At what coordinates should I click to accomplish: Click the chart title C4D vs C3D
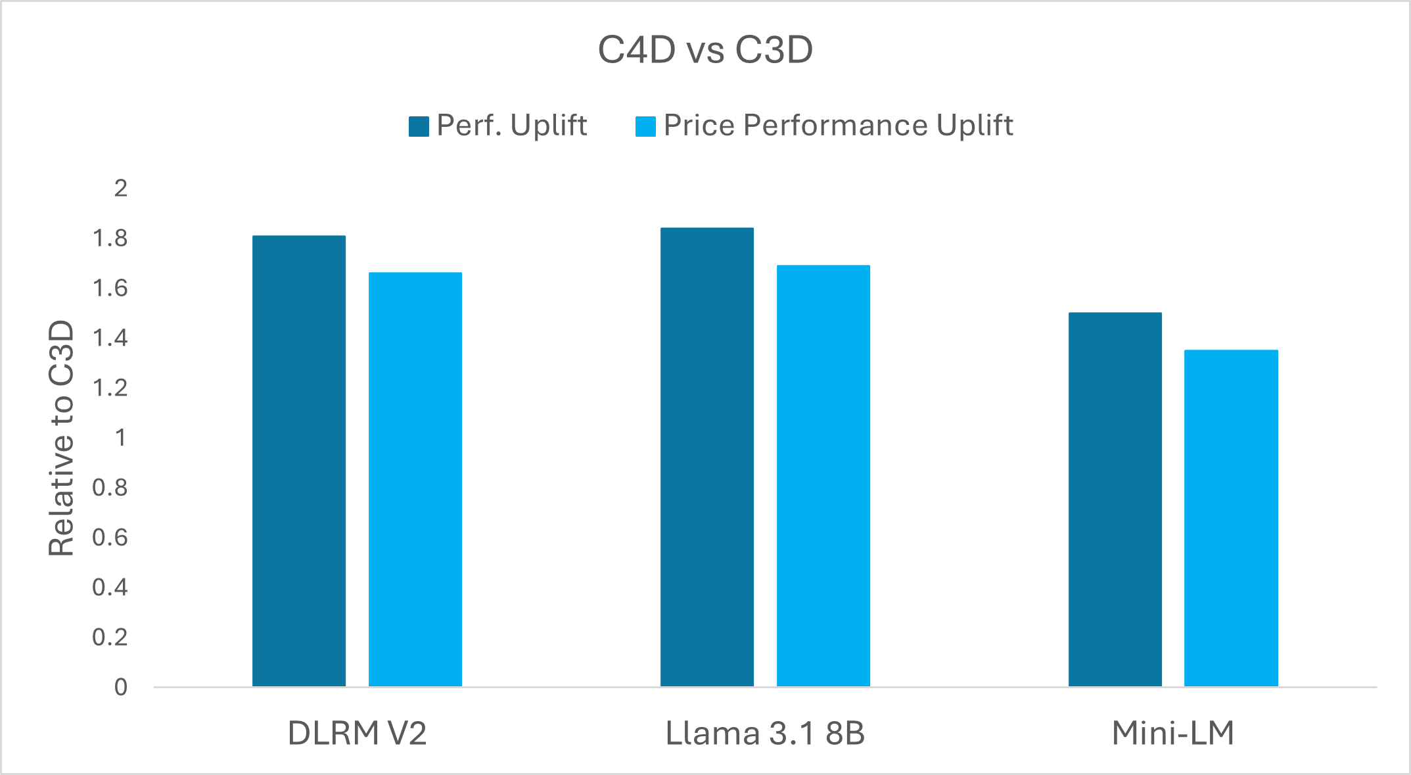[705, 50]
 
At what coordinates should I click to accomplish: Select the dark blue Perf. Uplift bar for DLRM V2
[299, 460]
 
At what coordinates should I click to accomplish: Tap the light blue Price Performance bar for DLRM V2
[415, 480]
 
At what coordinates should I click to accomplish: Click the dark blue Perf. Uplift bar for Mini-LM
[1115, 500]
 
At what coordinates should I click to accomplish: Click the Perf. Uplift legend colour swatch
[419, 126]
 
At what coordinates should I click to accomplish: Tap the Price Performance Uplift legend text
[838, 125]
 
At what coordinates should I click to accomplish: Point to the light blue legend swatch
[645, 126]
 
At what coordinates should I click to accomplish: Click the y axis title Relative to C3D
[62, 438]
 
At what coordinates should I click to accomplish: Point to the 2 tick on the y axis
[120, 189]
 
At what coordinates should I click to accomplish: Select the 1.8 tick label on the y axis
[110, 239]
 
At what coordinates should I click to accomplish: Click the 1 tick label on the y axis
[120, 438]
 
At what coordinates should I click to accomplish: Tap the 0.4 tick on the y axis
[110, 587]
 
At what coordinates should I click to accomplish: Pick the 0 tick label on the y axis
[120, 687]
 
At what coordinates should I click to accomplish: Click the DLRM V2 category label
[357, 733]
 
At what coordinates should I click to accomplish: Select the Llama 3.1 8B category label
[765, 733]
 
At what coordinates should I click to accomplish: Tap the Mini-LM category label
[1173, 733]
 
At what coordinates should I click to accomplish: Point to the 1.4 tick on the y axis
[110, 338]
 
